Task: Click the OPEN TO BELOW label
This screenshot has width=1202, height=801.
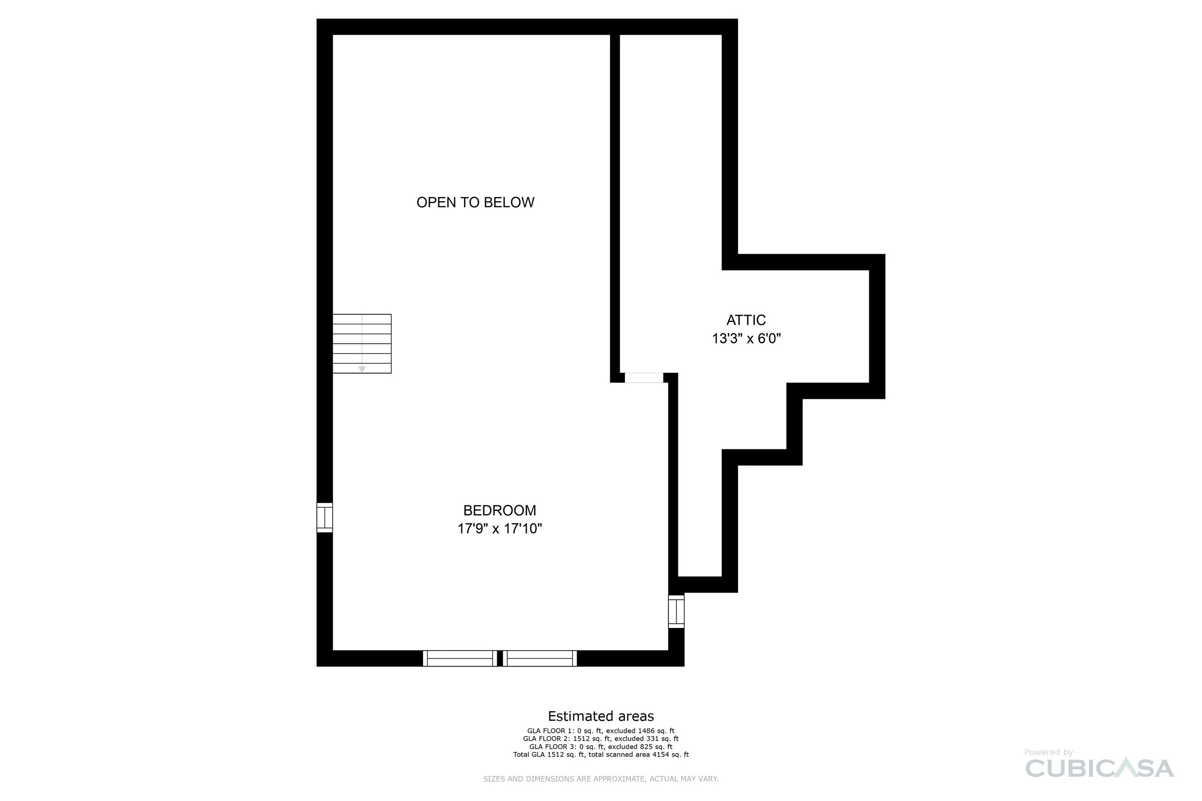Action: point(476,203)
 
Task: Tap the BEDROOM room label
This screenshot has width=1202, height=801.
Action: point(499,510)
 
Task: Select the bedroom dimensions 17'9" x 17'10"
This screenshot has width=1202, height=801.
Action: point(499,528)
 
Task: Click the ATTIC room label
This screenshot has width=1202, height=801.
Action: point(746,320)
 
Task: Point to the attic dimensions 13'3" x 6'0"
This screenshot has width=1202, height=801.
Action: point(746,339)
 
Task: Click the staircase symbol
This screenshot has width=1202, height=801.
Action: point(362,344)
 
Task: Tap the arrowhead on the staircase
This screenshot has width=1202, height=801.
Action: point(362,369)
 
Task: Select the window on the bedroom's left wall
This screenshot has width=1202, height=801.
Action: point(325,518)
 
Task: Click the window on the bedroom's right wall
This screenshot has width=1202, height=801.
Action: point(676,612)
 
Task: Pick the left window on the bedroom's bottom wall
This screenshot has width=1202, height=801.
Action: point(460,658)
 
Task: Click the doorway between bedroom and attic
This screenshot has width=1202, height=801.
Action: point(644,378)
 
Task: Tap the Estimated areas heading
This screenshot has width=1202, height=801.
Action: point(601,716)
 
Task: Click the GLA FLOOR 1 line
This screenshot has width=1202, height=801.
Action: point(601,731)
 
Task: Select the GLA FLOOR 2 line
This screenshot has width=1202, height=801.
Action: point(601,739)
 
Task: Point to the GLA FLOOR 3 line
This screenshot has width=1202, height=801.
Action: point(601,747)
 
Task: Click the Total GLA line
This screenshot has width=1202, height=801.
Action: point(601,754)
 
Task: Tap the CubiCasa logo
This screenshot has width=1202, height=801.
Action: point(1099,769)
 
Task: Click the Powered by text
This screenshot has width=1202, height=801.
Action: point(1048,752)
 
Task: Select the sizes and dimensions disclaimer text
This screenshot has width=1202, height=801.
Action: point(601,779)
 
